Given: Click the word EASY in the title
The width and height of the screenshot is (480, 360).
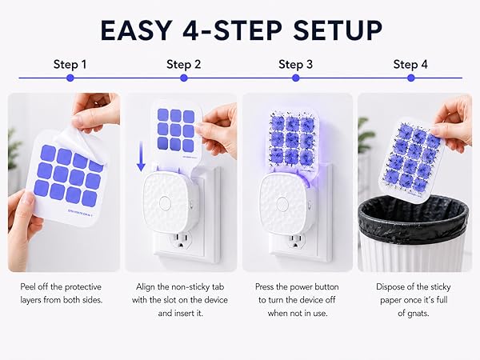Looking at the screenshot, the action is coord(136,30).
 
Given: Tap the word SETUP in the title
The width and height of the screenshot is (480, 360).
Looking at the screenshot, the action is coord(338,30).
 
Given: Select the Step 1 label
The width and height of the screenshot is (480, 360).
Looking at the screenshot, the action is coord(70,65).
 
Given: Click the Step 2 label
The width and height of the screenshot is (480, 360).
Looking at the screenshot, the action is coord(184,65).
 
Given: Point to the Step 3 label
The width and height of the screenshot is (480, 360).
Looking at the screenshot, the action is coord(295,65).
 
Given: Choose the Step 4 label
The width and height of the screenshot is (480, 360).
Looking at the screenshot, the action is coord(410,65).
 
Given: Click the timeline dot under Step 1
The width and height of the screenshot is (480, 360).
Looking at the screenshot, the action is coord(70,78).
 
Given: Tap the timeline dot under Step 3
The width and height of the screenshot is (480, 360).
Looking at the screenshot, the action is coord(295,78).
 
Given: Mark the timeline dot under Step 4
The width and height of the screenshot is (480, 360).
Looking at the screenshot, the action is coord(411,78).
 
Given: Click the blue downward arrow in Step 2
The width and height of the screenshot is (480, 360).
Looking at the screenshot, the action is coord(141,156).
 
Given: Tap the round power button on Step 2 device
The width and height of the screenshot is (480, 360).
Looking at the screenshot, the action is coord(166,203).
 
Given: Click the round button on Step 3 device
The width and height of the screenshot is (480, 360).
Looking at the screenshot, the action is coord(282,203).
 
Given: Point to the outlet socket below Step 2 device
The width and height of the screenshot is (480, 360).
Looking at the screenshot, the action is coord(181,240).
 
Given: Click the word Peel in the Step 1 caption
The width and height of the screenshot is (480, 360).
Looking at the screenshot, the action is coord(27,287).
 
